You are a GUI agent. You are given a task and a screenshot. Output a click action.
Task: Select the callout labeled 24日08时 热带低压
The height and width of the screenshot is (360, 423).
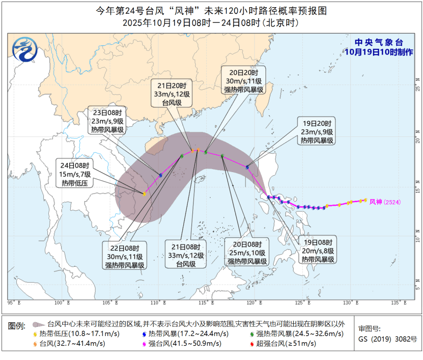75,174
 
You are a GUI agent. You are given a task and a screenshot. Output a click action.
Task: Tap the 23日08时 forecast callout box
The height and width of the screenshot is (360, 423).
107,121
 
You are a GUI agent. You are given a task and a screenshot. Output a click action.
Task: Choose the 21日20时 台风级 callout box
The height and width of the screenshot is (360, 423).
172,94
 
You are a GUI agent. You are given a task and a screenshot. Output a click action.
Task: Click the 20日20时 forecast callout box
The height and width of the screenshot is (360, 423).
243,80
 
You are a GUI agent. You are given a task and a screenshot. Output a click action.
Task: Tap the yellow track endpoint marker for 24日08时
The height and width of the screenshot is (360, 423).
145,194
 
